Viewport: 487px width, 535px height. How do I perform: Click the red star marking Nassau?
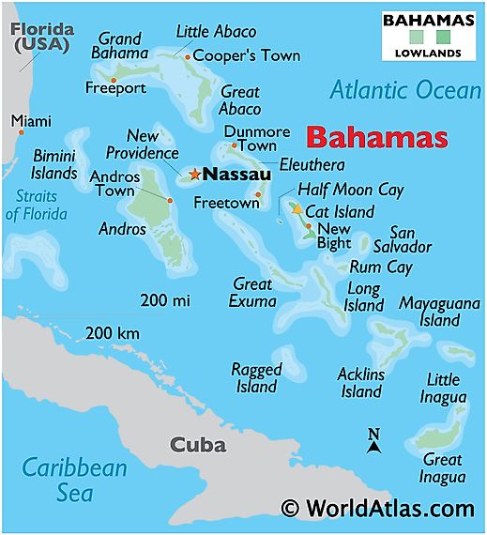pos(194,174)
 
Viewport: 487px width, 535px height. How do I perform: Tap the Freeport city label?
pos(115,88)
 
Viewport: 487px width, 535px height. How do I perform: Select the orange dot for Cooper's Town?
pos(188,57)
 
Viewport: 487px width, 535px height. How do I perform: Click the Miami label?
pos(31,121)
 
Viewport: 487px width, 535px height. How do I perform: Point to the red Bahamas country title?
pos(376,137)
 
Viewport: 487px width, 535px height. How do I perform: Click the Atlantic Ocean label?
pos(404,90)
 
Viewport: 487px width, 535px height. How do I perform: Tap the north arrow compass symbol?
pos(373,441)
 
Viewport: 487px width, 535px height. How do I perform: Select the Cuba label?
pos(197,445)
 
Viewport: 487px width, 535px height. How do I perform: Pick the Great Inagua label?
pos(442,468)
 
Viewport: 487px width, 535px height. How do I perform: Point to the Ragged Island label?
pos(255,378)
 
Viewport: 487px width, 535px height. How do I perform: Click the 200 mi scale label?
pos(165,300)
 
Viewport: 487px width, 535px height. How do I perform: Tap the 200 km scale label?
pos(113,333)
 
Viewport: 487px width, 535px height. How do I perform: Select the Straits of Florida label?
pos(38,206)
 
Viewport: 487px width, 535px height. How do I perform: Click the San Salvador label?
pos(410,239)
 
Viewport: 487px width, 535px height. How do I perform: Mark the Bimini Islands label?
pos(54,164)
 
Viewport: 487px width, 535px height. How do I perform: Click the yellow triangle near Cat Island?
pos(297,210)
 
